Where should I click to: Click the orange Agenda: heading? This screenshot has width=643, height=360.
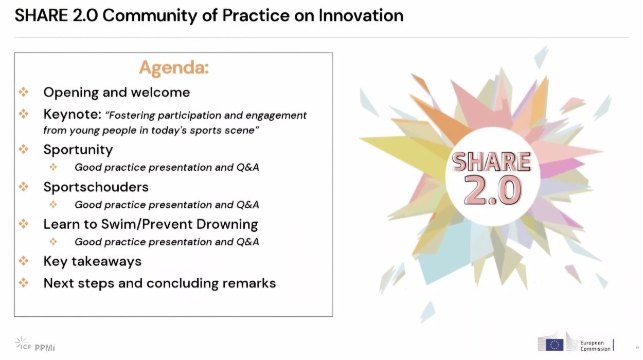(x=174, y=68)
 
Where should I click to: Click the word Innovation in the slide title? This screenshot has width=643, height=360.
(x=361, y=15)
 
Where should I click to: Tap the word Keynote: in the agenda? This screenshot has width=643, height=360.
(x=73, y=114)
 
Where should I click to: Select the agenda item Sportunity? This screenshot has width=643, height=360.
(x=78, y=150)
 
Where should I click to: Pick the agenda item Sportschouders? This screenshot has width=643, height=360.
(x=96, y=187)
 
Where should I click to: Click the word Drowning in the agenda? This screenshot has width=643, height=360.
(x=227, y=224)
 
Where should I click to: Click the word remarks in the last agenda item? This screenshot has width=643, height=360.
(x=249, y=283)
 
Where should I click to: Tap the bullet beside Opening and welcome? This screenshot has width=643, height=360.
(x=24, y=92)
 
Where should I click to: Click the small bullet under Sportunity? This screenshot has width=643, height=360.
(x=53, y=167)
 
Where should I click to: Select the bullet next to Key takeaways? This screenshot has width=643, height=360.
(x=24, y=261)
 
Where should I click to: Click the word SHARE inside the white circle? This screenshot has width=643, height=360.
(x=491, y=161)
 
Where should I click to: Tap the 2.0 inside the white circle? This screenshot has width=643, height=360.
(x=493, y=190)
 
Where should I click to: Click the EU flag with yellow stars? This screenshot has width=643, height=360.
(x=555, y=345)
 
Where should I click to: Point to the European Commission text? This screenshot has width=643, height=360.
(x=595, y=346)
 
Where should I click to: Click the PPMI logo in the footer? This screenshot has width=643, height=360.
(x=45, y=348)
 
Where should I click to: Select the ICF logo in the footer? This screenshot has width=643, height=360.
(x=23, y=344)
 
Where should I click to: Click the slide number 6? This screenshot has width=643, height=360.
(x=637, y=348)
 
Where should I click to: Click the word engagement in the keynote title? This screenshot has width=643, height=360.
(x=276, y=116)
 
